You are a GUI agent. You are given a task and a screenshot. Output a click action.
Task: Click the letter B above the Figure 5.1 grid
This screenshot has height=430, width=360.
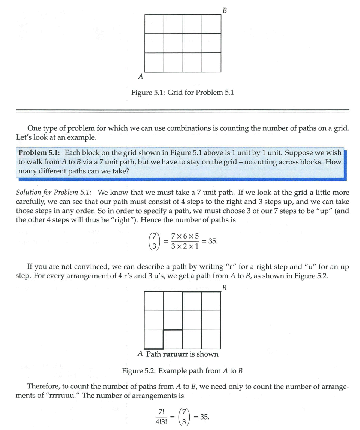coord(225,10)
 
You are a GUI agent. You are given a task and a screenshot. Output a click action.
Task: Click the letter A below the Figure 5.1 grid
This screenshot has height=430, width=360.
coord(141,77)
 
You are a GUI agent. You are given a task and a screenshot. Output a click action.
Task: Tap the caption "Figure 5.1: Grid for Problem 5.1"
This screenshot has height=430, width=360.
coord(182,92)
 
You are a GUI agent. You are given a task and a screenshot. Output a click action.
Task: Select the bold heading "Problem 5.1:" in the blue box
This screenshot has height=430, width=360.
coord(40,153)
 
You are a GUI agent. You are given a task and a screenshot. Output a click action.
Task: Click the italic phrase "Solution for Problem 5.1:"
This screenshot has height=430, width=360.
coord(54,193)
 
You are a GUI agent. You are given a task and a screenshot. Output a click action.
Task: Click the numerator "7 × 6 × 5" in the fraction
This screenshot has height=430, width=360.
coord(184,236)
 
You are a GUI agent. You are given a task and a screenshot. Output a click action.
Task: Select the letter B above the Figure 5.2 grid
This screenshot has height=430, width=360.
coord(225,288)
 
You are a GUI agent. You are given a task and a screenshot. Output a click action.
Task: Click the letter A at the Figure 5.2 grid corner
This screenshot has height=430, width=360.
coord(140,354)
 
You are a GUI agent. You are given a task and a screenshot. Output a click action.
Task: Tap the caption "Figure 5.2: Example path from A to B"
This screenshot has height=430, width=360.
coord(182,371)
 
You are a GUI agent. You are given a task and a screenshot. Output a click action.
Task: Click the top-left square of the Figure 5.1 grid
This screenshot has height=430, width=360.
coord(154,24)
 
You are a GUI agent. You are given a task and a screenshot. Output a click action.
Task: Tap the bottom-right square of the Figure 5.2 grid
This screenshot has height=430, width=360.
coord(211,339)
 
